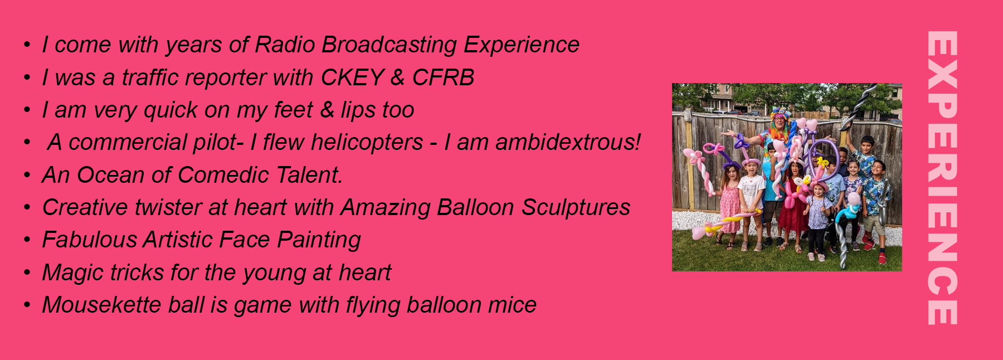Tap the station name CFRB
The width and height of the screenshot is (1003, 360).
click(x=443, y=77)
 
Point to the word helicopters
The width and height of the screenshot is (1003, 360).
click(x=367, y=143)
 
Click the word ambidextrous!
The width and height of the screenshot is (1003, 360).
click(x=568, y=142)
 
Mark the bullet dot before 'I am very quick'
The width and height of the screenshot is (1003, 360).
click(x=27, y=110)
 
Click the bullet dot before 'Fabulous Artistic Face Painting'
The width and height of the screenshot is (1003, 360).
click(x=27, y=240)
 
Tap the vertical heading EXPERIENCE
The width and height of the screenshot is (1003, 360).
click(x=942, y=178)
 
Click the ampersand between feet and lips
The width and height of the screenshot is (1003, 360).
click(x=327, y=110)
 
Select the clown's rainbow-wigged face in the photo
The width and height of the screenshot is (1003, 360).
click(x=778, y=120)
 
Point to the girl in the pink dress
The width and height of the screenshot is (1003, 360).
click(x=729, y=206)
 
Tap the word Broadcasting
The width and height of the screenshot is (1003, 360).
click(x=389, y=45)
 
